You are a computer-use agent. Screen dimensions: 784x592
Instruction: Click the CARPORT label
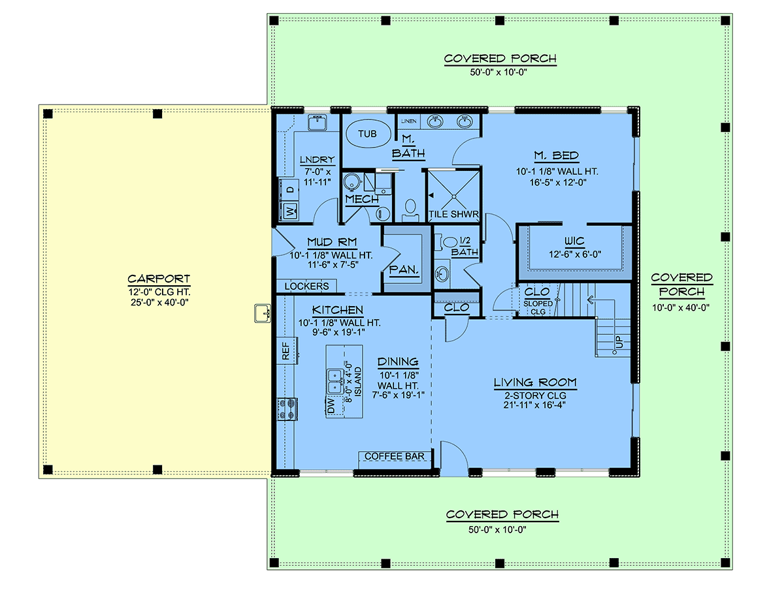(159, 279)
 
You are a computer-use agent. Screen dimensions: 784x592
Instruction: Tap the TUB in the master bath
(367, 134)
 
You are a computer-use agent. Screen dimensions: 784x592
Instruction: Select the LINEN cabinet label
(408, 121)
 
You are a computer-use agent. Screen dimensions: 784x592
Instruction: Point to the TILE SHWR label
(453, 214)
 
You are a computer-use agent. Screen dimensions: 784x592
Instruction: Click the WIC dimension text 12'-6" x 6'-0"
(575, 254)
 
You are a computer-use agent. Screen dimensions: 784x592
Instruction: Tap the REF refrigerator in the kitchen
(287, 351)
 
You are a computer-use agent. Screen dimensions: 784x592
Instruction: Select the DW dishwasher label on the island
(331, 406)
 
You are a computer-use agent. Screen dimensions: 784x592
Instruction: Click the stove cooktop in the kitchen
(287, 409)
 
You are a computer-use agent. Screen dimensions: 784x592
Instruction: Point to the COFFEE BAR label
(395, 456)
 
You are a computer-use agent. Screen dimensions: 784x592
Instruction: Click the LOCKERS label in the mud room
(306, 286)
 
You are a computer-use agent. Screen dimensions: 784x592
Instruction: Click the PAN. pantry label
(404, 270)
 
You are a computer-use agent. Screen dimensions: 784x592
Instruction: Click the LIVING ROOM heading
(535, 382)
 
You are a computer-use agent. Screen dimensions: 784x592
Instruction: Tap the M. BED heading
(556, 155)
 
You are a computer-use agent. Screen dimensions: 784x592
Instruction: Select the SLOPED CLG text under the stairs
(538, 307)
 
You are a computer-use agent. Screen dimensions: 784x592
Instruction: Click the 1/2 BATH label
(465, 247)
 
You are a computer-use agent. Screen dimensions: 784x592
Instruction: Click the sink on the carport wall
(263, 313)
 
